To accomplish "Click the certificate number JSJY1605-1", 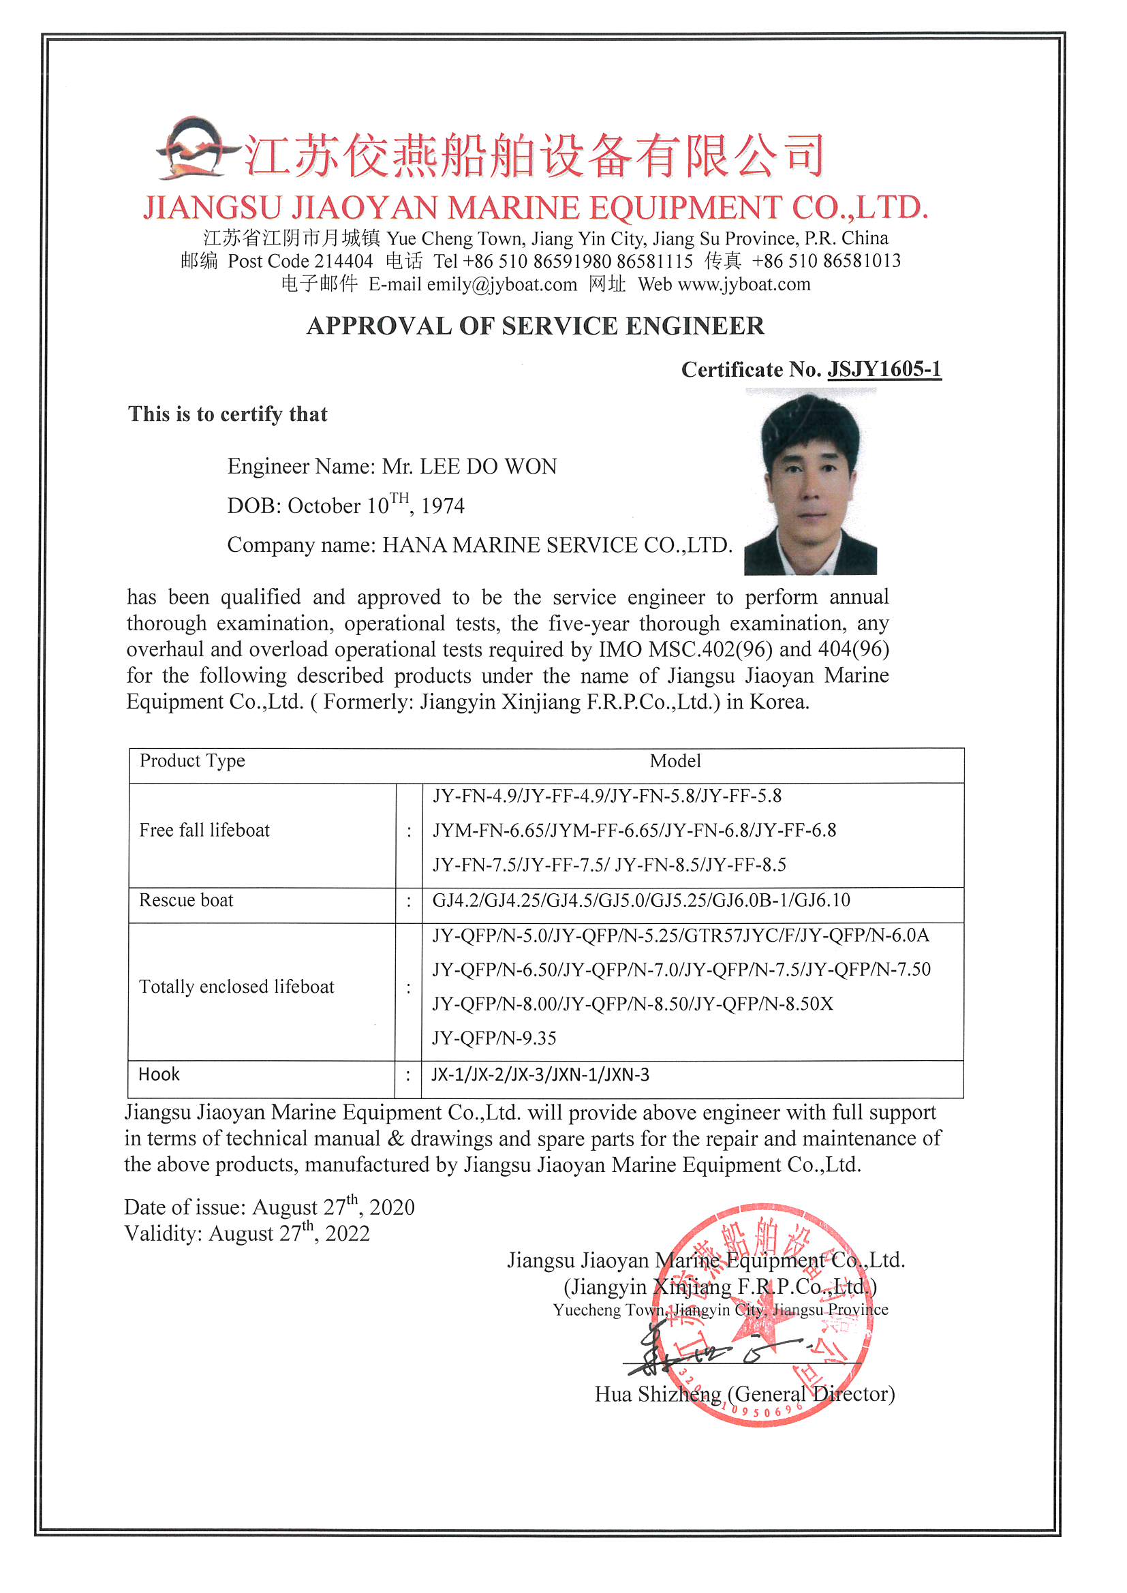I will [884, 369].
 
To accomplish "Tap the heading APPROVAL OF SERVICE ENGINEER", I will [535, 326].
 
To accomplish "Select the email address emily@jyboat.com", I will [501, 285].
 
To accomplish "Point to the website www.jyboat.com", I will [744, 285].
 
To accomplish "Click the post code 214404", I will [343, 262].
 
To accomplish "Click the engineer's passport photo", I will [810, 484].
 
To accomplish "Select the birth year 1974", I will [443, 506].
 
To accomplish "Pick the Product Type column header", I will [192, 761].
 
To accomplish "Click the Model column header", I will [675, 761].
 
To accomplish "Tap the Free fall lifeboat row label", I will [204, 831].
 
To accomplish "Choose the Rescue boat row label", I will [186, 901].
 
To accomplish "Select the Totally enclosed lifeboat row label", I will [236, 987].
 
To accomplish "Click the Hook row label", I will [159, 1074].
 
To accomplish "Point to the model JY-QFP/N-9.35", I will [494, 1038].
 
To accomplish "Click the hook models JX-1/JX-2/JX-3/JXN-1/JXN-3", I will [540, 1074].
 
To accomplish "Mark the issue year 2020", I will [392, 1208].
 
